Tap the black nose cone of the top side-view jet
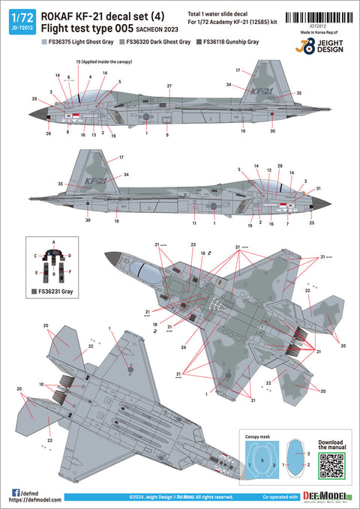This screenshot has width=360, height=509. tap(36, 115)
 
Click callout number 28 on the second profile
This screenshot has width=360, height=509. tap(280, 166)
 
